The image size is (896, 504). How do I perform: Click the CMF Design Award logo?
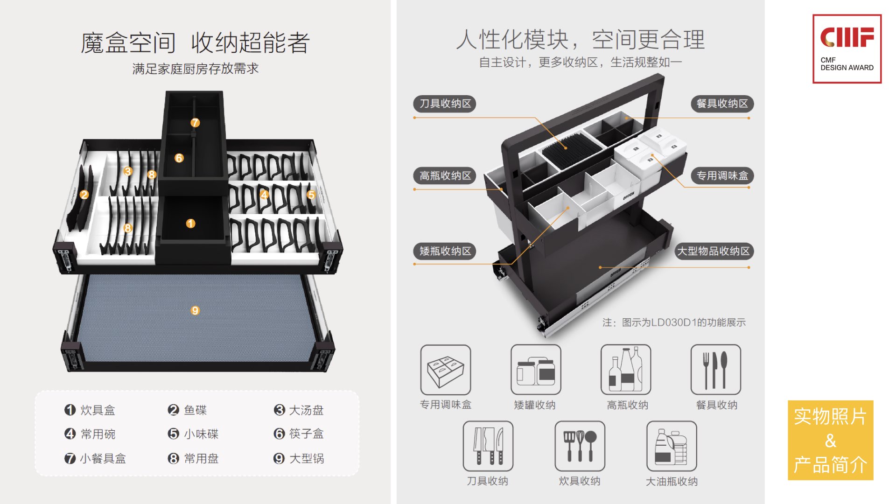pos(847,49)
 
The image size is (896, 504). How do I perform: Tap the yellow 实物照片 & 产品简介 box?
pos(830,440)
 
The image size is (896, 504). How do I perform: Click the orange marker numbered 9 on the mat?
pos(195,310)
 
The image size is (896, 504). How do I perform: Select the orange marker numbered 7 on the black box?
pos(195,123)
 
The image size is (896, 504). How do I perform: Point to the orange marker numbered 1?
pos(190,224)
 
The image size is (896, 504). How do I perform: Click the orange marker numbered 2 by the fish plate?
pos(84,195)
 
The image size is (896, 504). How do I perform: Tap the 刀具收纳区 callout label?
pos(445,104)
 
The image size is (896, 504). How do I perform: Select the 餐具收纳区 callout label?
pos(721,104)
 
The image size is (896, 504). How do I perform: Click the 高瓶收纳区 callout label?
pos(445,176)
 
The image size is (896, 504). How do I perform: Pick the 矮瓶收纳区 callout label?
pos(445,252)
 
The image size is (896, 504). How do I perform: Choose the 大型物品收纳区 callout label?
pos(713,252)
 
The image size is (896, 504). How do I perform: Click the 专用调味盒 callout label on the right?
pos(721,176)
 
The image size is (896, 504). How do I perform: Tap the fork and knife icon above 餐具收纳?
pos(715,370)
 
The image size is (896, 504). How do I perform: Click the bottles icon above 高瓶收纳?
pos(625,370)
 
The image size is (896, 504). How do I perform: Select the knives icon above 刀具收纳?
pos(488,446)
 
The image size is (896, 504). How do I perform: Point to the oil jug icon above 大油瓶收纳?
pos(671,446)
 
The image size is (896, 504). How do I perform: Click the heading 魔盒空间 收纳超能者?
pos(195,43)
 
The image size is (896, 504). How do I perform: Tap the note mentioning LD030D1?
pos(673,322)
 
